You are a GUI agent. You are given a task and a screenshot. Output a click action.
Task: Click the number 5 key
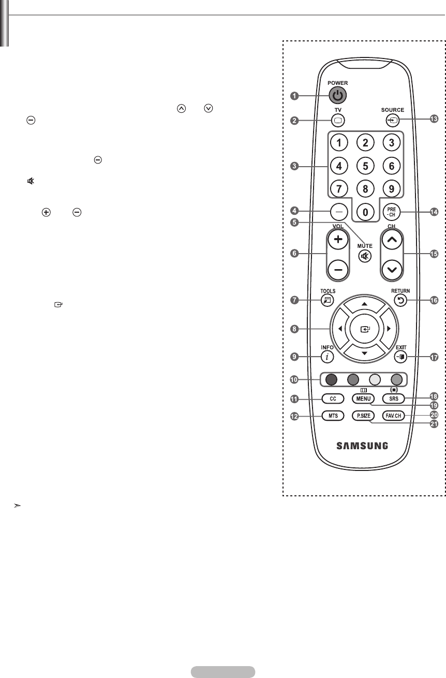365,166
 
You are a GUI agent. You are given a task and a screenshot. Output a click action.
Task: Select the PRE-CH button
391,211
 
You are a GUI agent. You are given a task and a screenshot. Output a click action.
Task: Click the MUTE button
365,256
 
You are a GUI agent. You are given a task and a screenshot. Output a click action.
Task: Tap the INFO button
326,356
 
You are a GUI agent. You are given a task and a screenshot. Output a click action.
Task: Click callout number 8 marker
294,329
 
